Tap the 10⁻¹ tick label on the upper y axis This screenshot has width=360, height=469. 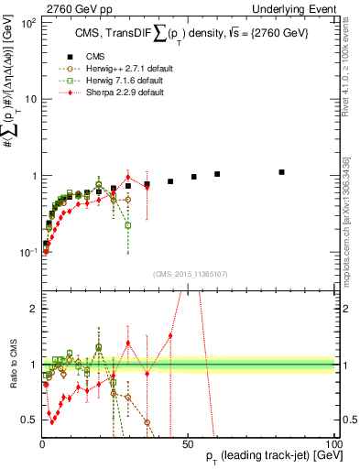[x=27, y=252]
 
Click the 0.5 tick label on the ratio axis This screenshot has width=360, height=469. [x=28, y=420]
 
